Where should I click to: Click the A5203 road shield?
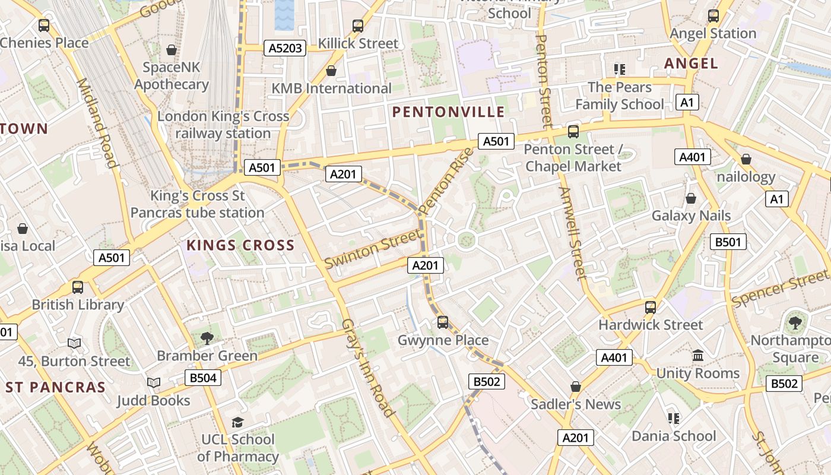coord(285,48)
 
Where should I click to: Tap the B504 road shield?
coord(202,378)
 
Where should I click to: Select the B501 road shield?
coord(728,242)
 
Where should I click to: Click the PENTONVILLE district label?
coord(448,112)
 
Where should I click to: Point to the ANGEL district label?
coord(691,63)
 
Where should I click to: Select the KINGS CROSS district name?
coord(240,245)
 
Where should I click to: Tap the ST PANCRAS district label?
coord(55,387)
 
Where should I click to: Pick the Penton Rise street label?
coord(446,180)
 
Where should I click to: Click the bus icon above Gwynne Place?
coord(443,322)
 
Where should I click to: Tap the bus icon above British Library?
coord(77,287)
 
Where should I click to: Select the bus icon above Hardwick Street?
coord(651,307)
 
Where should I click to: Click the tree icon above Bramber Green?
coord(207,338)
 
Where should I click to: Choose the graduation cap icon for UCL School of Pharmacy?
coord(237,422)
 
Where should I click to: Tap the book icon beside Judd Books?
coord(154,383)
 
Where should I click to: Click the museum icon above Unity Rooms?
coord(698,356)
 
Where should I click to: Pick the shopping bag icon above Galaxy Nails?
coord(691,198)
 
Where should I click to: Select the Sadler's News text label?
coord(575,404)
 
